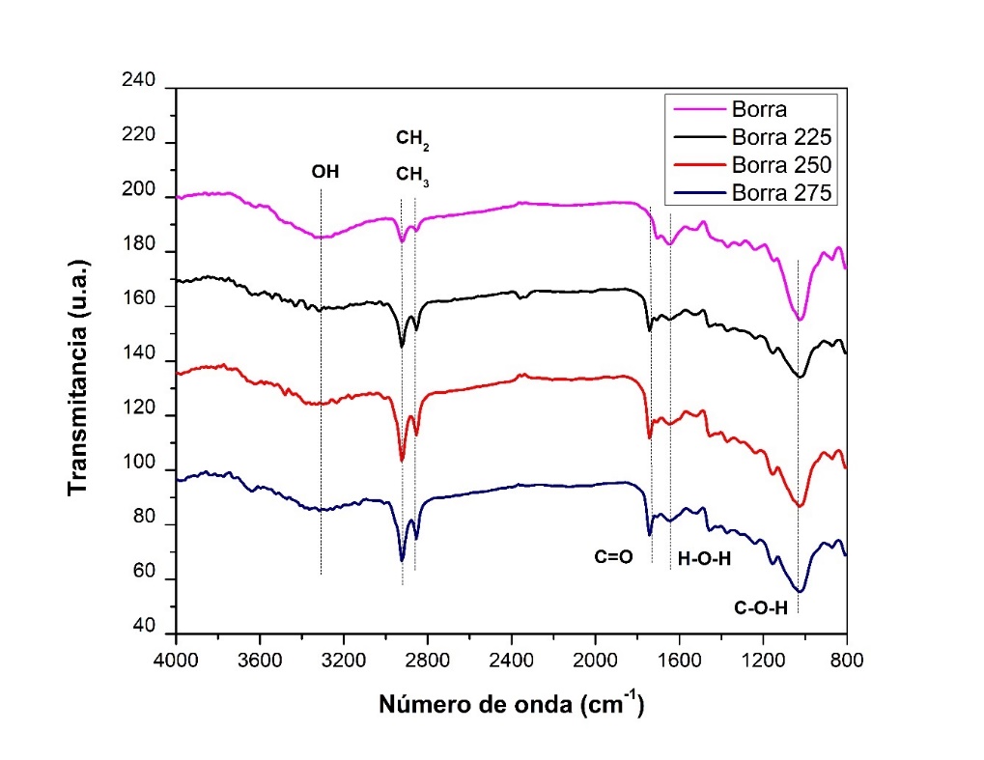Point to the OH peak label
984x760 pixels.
325,173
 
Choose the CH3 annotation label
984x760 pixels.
412,177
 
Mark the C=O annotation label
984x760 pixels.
613,557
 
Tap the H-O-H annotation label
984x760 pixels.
704,558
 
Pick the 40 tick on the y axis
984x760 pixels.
144,629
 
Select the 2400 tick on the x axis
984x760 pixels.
511,662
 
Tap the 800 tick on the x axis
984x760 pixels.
846,662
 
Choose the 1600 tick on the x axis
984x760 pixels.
679,662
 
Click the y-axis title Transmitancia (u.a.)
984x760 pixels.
79,377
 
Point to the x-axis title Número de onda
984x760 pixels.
510,704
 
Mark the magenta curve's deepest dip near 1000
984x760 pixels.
800,319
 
